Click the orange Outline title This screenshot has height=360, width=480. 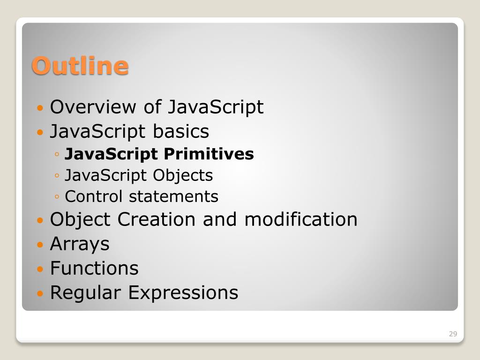80,66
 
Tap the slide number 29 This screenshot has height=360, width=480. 453,334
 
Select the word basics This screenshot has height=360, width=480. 181,131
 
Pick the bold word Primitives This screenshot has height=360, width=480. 209,154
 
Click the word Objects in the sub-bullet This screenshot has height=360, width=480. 183,176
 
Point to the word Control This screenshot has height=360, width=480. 94,196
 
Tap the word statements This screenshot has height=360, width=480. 173,196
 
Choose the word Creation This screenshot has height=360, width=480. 157,219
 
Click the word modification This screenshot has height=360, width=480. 301,219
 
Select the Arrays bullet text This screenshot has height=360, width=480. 80,244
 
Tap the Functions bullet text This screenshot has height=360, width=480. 94,268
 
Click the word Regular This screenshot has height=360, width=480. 85,293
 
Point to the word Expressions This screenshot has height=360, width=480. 183,293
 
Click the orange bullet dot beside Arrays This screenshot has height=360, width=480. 40,245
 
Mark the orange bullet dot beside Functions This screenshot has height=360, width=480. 40,269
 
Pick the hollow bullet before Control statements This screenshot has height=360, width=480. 57,196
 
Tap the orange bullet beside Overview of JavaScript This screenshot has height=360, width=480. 40,108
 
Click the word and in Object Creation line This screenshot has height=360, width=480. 220,219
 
